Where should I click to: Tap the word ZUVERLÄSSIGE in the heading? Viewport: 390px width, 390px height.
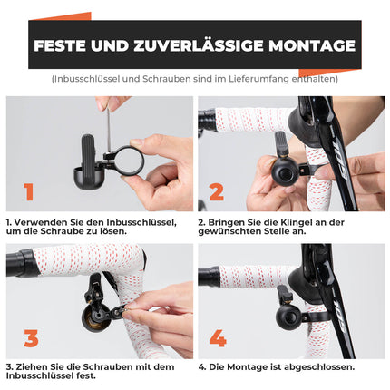click(x=194, y=45)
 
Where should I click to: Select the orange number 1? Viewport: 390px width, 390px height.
click(x=29, y=191)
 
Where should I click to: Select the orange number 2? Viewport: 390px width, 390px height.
click(x=217, y=191)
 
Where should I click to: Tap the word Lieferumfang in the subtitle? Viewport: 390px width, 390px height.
click(x=268, y=79)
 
